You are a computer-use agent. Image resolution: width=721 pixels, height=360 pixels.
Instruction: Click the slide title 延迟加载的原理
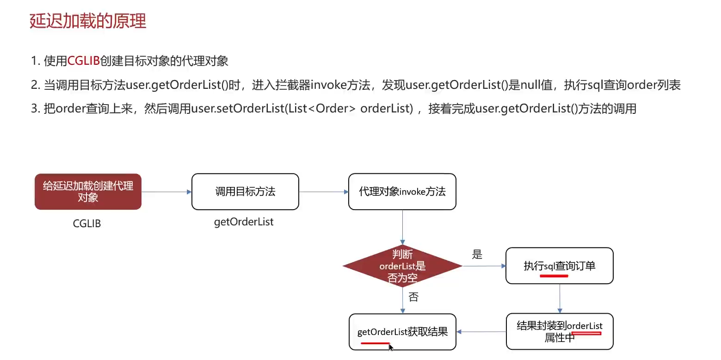(x=88, y=21)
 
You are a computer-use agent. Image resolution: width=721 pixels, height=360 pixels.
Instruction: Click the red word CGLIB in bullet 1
(x=83, y=61)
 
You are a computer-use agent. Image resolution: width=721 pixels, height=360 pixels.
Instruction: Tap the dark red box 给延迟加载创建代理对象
(x=88, y=192)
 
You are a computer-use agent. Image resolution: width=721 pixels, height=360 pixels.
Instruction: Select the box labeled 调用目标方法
(x=245, y=192)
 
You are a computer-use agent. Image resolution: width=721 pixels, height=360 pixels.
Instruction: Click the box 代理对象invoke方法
(x=402, y=192)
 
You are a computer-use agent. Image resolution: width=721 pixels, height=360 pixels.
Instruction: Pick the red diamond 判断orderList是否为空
(x=402, y=266)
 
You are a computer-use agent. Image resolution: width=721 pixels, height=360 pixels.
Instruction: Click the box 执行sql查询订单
(x=559, y=266)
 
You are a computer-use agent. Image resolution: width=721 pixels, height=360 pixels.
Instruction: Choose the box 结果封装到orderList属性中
(x=559, y=331)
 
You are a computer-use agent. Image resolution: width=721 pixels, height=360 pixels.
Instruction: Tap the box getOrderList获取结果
(x=402, y=332)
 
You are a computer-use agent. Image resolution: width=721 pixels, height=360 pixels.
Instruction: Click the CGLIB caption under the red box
(x=87, y=223)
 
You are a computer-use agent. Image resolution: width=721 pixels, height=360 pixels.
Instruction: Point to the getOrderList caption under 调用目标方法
(x=244, y=222)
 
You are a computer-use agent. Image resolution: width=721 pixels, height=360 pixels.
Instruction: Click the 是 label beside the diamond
(x=477, y=254)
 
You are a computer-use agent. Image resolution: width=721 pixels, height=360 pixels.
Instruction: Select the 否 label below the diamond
(x=413, y=297)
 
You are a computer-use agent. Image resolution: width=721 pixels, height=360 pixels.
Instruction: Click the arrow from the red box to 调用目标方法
(x=166, y=192)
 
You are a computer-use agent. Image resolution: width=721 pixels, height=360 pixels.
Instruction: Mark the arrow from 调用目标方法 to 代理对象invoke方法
(x=323, y=192)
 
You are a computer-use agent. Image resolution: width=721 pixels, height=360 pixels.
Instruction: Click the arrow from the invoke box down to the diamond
(x=402, y=227)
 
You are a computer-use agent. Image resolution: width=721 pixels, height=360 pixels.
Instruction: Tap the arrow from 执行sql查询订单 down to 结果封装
(x=560, y=298)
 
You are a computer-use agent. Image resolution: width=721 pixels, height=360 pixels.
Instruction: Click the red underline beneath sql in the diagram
(x=554, y=275)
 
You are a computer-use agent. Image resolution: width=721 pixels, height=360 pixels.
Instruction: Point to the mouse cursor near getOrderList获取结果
(x=391, y=347)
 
